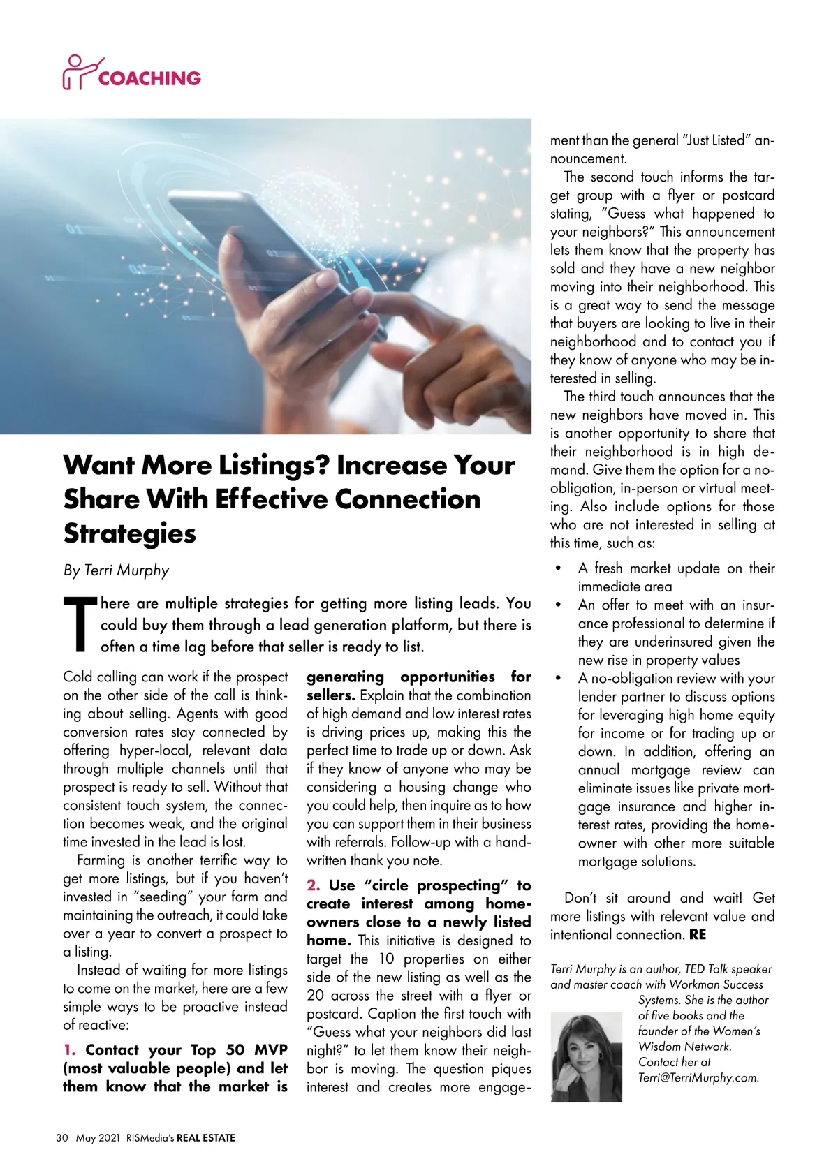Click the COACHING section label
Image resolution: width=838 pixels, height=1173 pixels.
pyautogui.click(x=149, y=78)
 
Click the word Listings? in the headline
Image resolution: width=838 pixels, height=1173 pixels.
pyautogui.click(x=274, y=466)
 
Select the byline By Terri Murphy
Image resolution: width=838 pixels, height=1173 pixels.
pyautogui.click(x=116, y=570)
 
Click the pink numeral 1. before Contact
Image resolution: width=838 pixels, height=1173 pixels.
pyautogui.click(x=69, y=1050)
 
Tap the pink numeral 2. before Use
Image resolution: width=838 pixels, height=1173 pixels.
pyautogui.click(x=314, y=885)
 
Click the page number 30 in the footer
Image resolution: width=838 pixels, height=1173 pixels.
pyautogui.click(x=62, y=1138)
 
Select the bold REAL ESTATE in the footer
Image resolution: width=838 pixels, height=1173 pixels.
pyautogui.click(x=205, y=1138)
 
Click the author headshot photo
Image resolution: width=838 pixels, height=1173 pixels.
pyautogui.click(x=586, y=1057)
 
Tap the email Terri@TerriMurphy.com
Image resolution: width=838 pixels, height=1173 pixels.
pyautogui.click(x=698, y=1077)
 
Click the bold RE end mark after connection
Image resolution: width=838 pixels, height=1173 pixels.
pyautogui.click(x=697, y=934)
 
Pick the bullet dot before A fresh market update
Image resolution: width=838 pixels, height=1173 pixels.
pyautogui.click(x=558, y=568)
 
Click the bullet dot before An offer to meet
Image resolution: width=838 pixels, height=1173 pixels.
pyautogui.click(x=558, y=605)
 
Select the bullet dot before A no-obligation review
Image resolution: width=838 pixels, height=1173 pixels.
pyautogui.click(x=558, y=678)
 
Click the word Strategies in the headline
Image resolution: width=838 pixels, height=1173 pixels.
pyautogui.click(x=130, y=533)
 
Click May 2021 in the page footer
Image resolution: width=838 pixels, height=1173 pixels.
pyautogui.click(x=98, y=1138)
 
